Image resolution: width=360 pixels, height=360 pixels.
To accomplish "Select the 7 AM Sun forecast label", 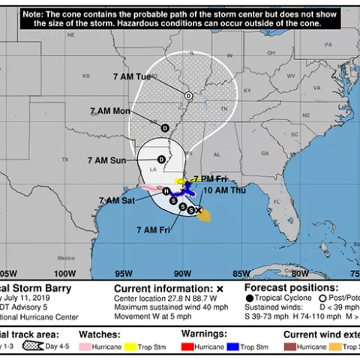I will point(107,160).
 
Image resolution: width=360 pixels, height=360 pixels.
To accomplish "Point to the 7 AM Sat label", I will point(116,200).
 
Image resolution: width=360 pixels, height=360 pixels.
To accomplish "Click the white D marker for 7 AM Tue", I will point(188,95).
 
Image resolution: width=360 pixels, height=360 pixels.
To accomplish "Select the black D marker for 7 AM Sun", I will point(161,159).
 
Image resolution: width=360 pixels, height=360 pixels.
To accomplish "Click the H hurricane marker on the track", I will point(166,191).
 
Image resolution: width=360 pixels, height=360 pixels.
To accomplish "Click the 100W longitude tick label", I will point(64,273).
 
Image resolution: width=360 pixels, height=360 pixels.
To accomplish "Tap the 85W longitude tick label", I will point(241,273).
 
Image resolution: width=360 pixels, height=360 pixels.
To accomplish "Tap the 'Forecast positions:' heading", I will point(292,288).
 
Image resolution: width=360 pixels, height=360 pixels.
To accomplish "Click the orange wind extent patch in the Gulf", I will point(205,216).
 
